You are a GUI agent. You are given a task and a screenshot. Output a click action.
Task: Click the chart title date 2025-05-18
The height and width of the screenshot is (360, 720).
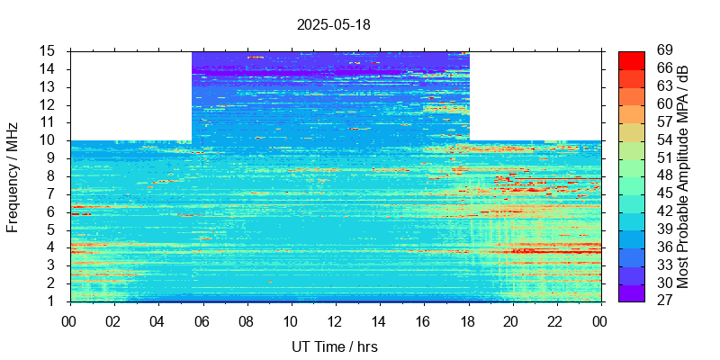pyautogui.click(x=333, y=24)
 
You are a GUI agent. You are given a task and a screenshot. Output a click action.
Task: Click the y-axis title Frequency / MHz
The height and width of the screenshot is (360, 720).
pyautogui.click(x=13, y=176)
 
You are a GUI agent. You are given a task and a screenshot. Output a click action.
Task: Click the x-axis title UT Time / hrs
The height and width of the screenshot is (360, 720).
pyautogui.click(x=333, y=346)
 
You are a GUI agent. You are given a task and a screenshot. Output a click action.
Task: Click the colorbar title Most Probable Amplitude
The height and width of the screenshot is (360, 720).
pyautogui.click(x=683, y=176)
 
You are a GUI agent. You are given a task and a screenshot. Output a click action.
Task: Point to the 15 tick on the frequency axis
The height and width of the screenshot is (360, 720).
pyautogui.click(x=49, y=51)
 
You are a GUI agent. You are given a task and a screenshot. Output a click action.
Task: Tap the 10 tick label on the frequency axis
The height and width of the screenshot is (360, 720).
pyautogui.click(x=49, y=140)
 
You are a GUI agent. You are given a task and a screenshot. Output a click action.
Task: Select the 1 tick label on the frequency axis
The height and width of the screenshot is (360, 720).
pyautogui.click(x=53, y=301)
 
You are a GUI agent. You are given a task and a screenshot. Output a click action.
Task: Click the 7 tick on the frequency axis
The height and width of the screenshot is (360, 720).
pyautogui.click(x=53, y=194)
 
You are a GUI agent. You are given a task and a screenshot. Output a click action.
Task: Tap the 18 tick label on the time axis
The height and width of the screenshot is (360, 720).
pyautogui.click(x=467, y=320)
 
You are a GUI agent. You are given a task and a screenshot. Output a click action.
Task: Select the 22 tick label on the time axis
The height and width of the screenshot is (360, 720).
pyautogui.click(x=555, y=320)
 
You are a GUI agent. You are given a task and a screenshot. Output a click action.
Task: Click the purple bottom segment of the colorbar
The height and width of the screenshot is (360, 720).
pyautogui.click(x=631, y=292)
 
